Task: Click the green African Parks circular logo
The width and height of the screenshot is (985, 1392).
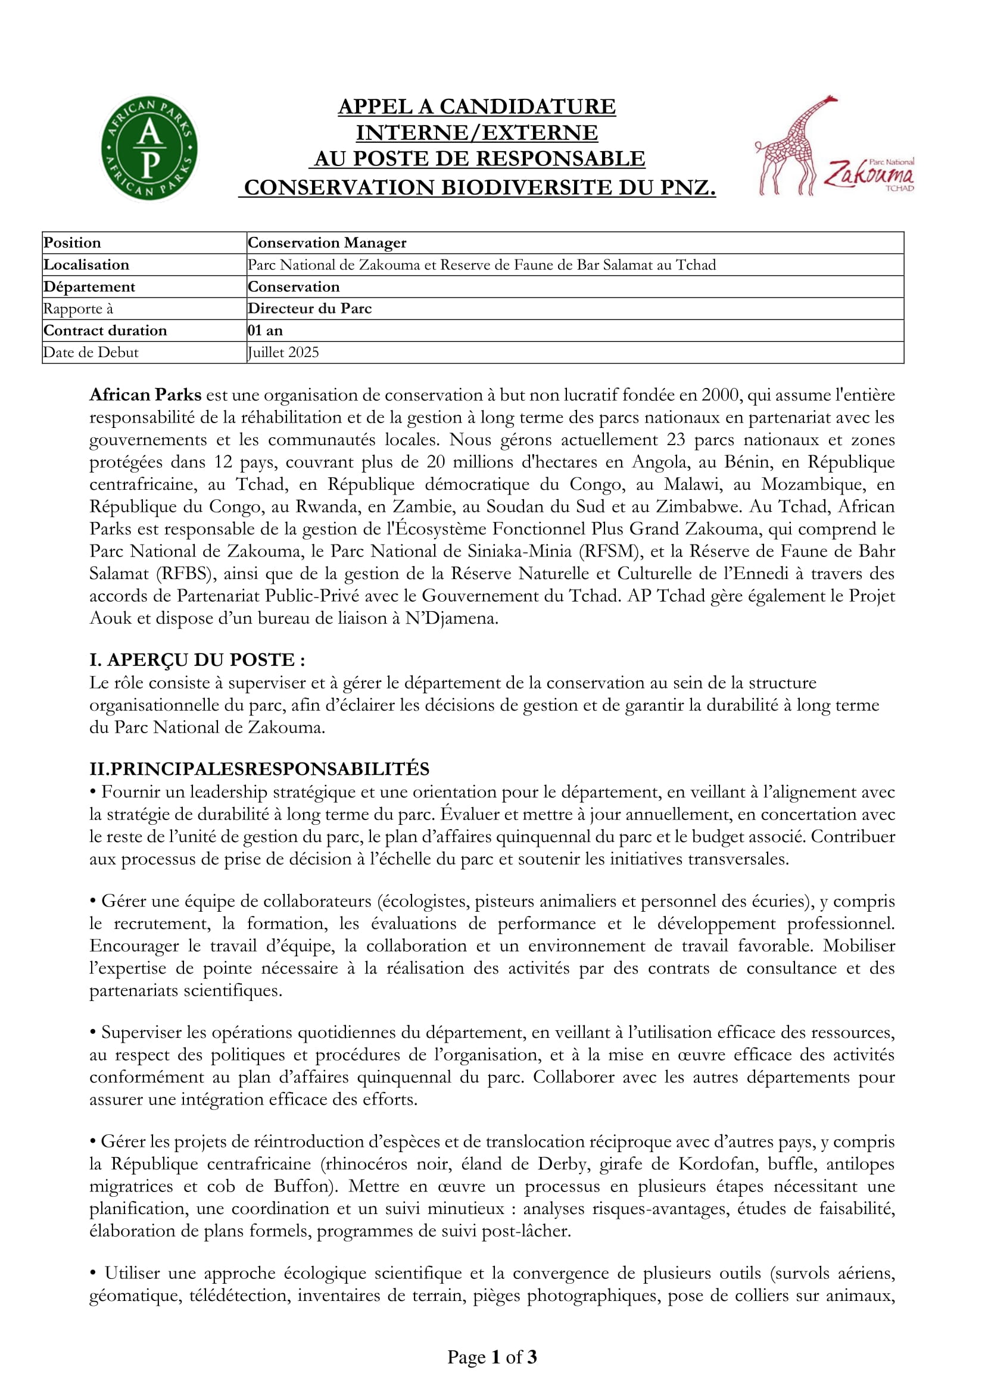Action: point(149,148)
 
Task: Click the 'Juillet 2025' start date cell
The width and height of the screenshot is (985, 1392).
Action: point(283,352)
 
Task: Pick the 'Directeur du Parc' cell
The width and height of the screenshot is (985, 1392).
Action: point(309,308)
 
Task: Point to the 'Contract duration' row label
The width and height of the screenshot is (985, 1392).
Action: point(105,330)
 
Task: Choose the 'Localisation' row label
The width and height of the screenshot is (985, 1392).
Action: point(86,264)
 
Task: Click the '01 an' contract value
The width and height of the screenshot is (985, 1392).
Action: point(265,330)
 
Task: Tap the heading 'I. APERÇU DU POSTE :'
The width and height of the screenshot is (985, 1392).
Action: point(197,659)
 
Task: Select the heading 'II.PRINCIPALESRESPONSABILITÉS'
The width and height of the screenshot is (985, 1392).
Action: point(259,769)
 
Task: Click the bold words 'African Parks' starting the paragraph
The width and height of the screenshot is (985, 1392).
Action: point(145,395)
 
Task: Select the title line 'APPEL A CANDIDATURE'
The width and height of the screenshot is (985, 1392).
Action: point(477,106)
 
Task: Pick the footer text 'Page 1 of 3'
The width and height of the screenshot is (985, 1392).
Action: point(492,1357)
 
